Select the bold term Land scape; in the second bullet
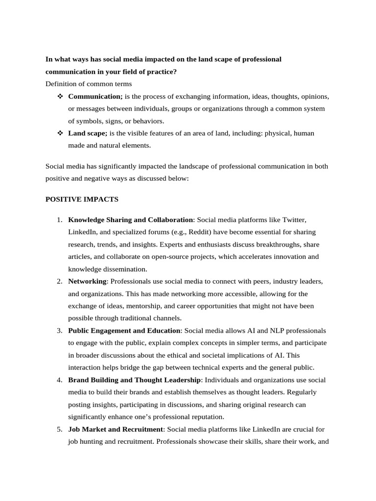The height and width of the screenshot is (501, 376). point(88,133)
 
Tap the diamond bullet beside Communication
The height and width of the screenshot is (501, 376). point(60,96)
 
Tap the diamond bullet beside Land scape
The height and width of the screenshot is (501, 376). point(60,133)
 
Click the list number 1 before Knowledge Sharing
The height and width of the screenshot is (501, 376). point(59,220)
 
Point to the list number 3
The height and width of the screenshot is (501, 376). point(59,331)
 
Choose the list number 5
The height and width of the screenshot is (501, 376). point(59,429)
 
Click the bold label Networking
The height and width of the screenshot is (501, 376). point(87,281)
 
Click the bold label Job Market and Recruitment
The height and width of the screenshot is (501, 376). point(116,429)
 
